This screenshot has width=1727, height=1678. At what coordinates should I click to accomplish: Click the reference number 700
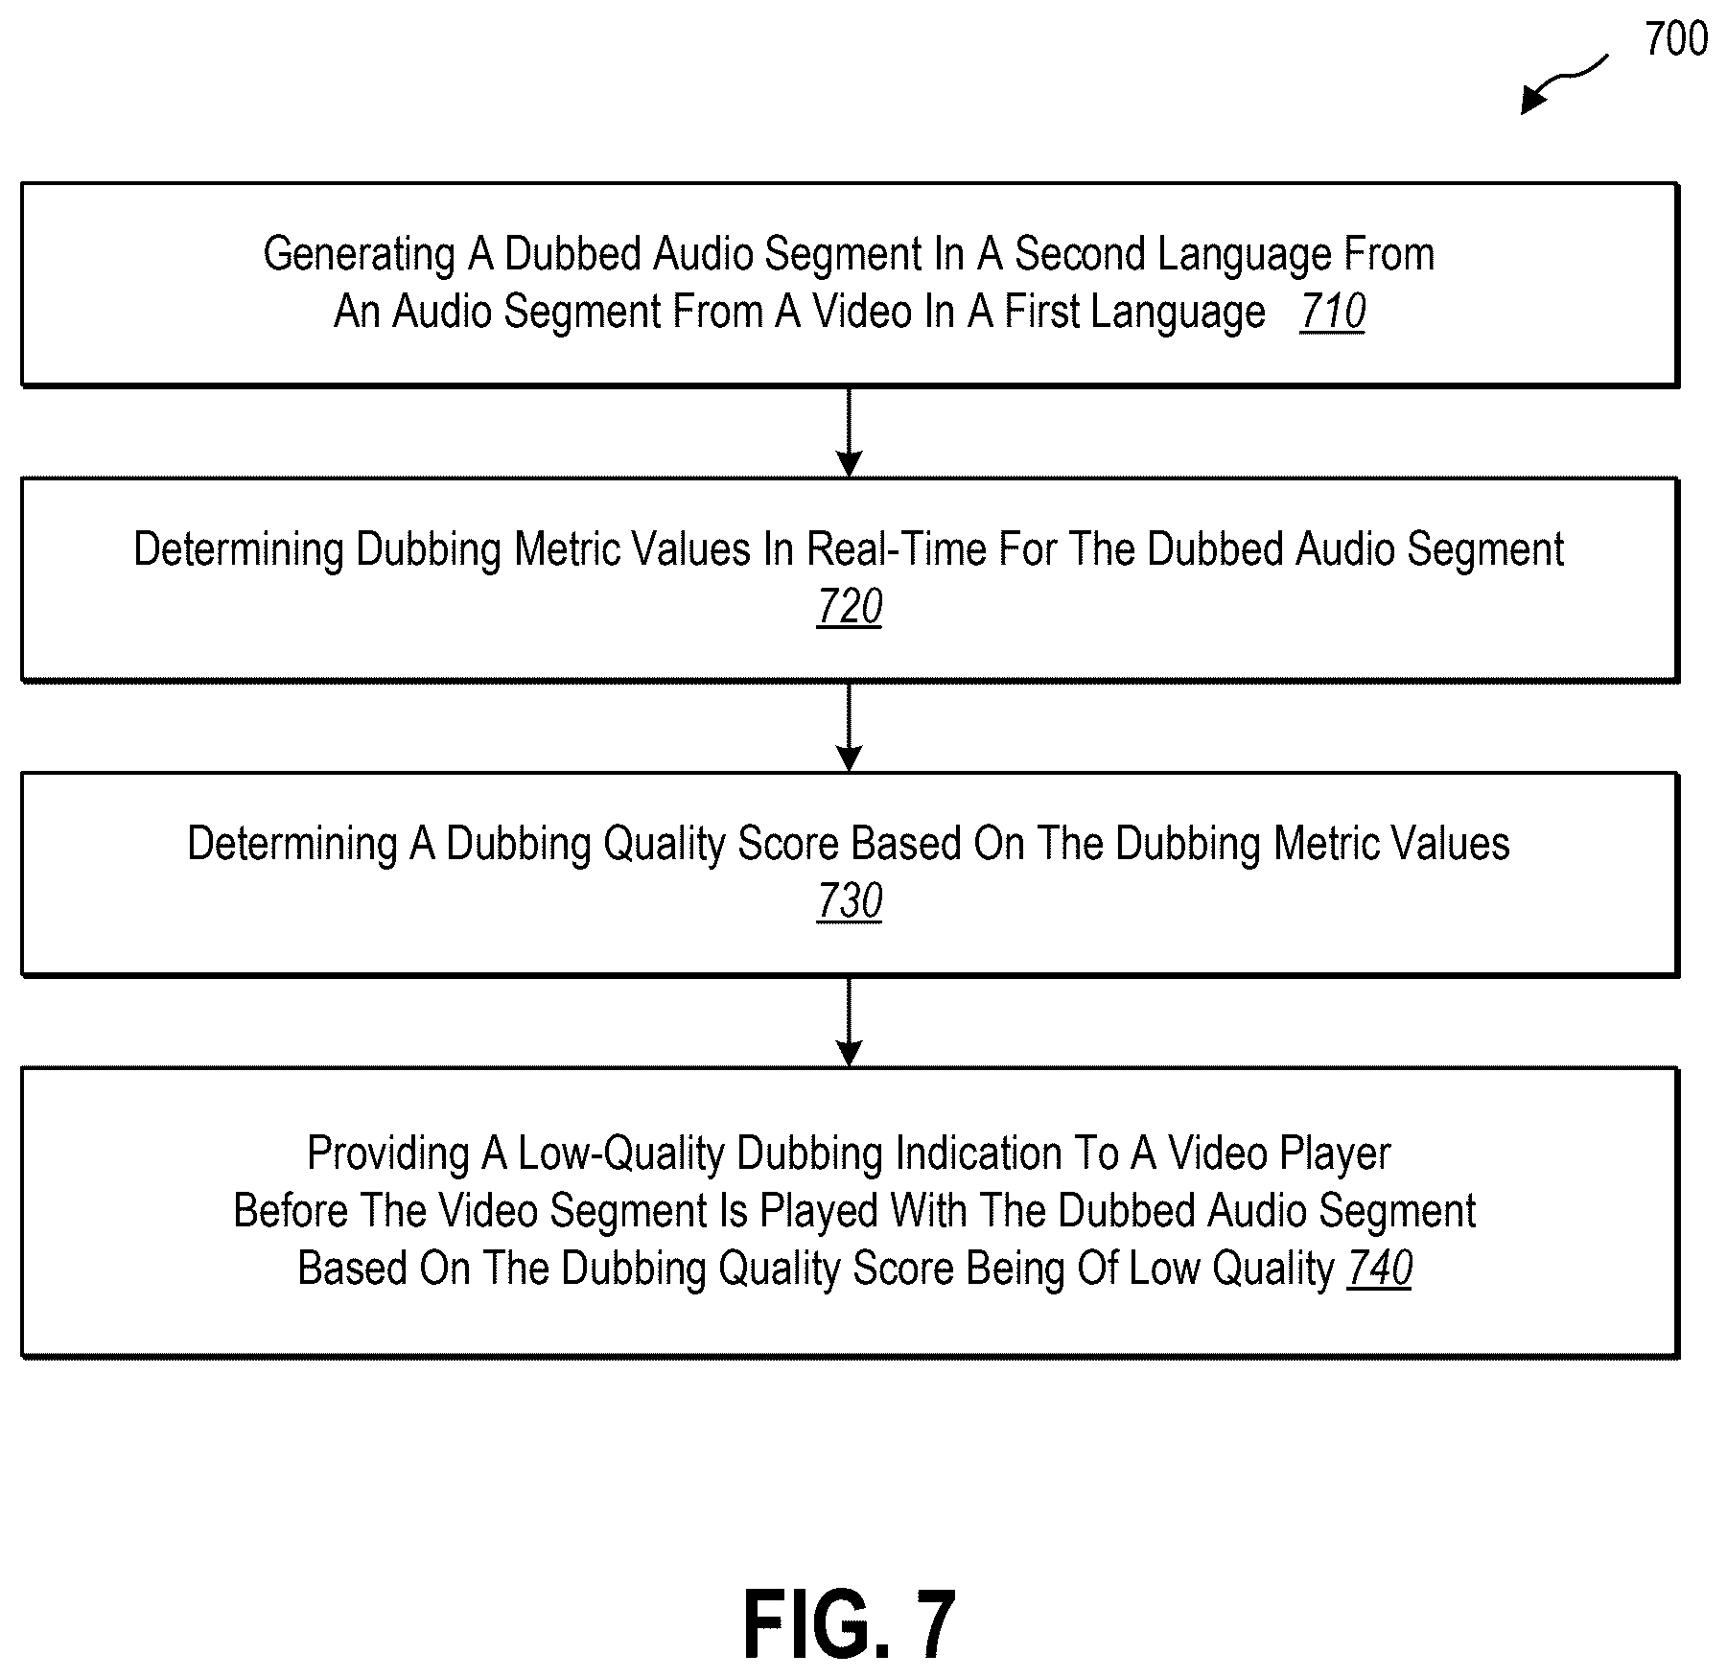[1675, 39]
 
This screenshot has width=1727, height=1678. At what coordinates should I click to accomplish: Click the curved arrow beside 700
[1564, 83]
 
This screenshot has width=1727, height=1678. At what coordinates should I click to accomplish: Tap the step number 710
[1333, 312]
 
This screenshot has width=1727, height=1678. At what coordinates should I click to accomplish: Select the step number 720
[850, 607]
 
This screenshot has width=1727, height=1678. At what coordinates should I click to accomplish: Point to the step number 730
[850, 901]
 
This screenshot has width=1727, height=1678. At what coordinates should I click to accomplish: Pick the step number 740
[1379, 1269]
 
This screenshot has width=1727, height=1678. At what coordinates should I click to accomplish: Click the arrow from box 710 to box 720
[850, 432]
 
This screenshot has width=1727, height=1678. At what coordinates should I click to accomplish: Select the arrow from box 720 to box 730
[850, 727]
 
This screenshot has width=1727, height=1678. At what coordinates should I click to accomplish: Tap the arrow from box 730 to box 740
[850, 1022]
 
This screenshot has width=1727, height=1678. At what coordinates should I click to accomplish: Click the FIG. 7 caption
[850, 1623]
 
